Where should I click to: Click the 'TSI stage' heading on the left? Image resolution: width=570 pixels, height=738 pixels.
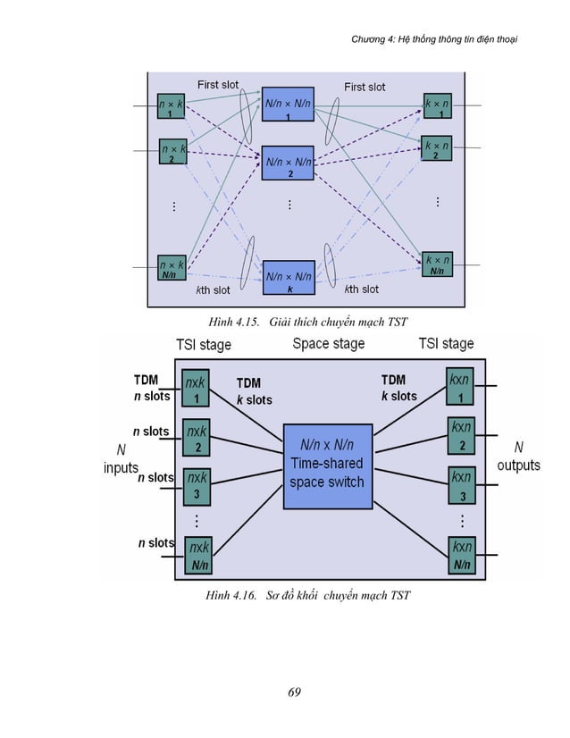point(203,344)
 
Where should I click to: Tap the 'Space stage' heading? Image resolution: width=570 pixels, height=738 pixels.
point(328,344)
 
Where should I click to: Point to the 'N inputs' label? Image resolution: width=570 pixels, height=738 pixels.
point(121,457)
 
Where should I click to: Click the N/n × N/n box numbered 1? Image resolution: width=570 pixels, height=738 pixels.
point(289,108)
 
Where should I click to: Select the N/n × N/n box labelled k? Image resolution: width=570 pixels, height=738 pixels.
point(289,281)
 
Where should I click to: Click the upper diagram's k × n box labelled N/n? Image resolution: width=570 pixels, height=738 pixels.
point(437,264)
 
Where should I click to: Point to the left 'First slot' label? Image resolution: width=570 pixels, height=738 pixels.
point(218,85)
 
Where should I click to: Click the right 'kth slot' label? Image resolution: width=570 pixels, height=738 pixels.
point(361,289)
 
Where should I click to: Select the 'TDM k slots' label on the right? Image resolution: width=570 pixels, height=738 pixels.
point(398,388)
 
